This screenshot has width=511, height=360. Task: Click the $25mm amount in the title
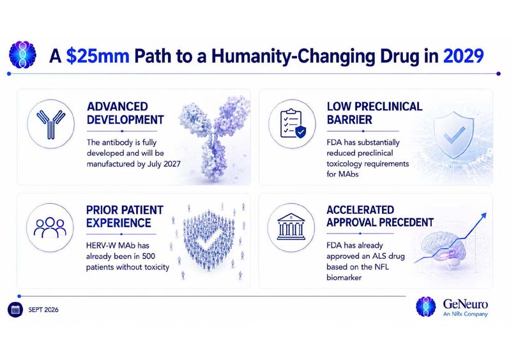(x=98, y=56)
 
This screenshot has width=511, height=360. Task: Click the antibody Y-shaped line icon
(x=51, y=124)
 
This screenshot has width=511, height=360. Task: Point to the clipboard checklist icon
(x=293, y=124)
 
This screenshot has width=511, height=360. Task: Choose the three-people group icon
(x=50, y=227)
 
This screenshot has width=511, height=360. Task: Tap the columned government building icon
(x=291, y=227)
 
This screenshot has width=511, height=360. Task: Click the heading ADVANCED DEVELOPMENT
(x=125, y=113)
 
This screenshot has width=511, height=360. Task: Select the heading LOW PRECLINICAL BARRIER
(x=374, y=113)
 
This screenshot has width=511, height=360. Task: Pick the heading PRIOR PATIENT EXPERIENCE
(x=125, y=216)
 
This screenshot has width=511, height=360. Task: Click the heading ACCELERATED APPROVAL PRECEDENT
(x=380, y=216)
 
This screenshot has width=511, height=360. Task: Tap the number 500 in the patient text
(x=148, y=256)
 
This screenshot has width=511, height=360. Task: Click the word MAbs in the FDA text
(x=348, y=174)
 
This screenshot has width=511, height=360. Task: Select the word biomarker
(x=344, y=278)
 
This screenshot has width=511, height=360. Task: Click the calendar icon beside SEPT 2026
(x=15, y=310)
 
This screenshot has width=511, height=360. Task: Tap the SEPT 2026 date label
(x=43, y=310)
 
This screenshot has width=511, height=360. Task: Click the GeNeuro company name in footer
(x=466, y=304)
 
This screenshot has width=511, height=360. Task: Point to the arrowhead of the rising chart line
(x=484, y=216)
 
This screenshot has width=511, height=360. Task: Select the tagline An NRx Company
(x=466, y=314)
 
